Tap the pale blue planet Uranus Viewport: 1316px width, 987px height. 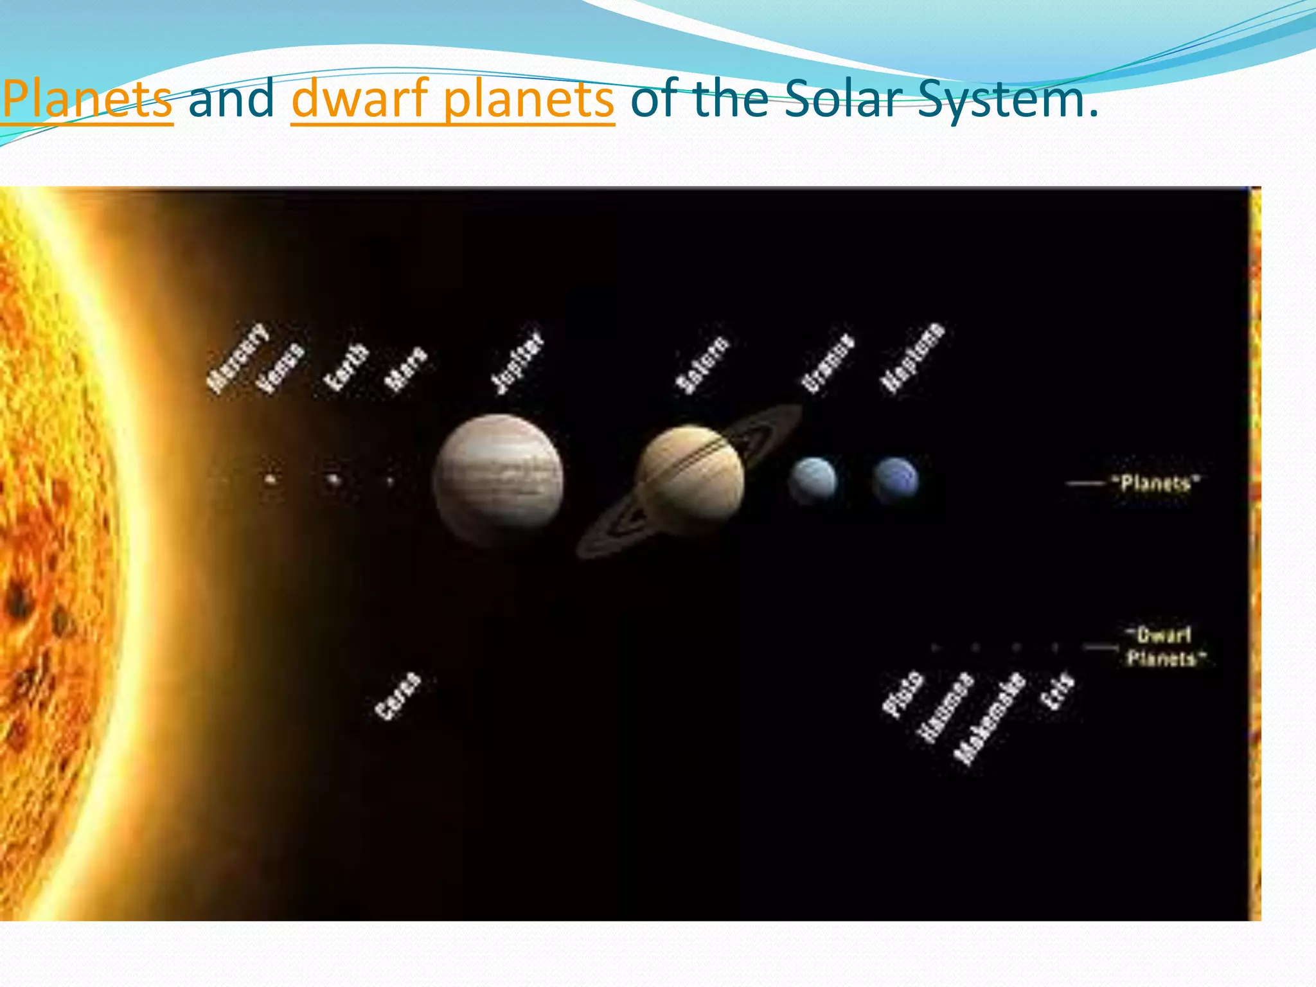point(813,479)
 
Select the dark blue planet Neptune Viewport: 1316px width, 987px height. point(895,479)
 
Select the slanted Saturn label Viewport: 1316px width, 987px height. point(703,364)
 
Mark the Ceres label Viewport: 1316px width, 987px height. point(398,696)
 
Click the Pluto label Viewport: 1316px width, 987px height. point(903,694)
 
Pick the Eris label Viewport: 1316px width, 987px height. point(1058,691)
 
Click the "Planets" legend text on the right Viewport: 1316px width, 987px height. point(1156,483)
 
